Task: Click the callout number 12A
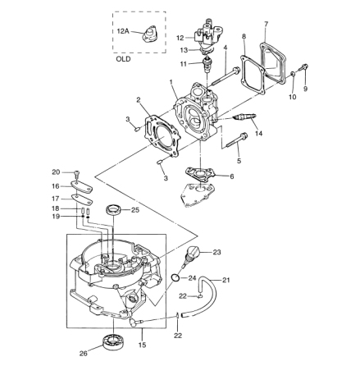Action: (123, 31)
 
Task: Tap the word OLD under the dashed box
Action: (123, 59)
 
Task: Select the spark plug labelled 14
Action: (244, 117)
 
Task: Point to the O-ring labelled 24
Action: (175, 277)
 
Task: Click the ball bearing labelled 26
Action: (112, 341)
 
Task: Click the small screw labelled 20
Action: (77, 173)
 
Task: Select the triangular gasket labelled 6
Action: (200, 173)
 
